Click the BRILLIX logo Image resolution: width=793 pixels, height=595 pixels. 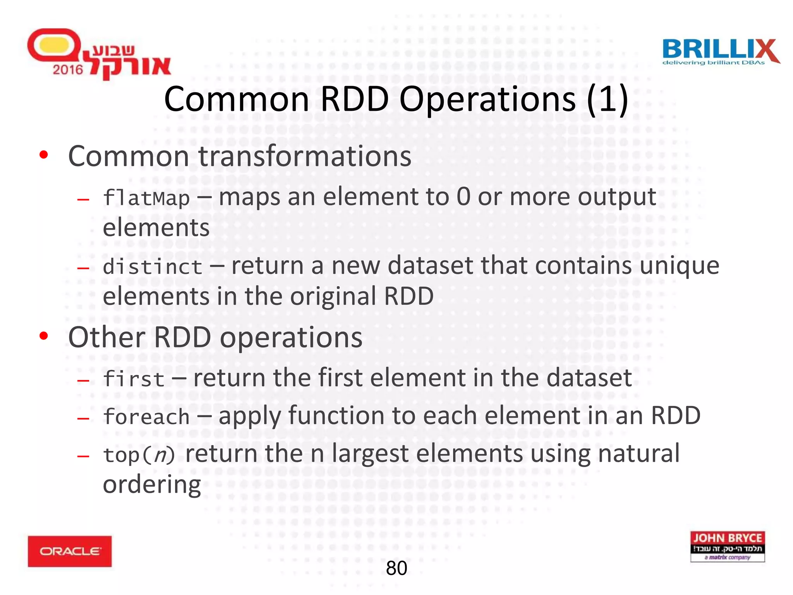pyautogui.click(x=720, y=52)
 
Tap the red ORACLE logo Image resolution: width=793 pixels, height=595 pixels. pyautogui.click(x=70, y=551)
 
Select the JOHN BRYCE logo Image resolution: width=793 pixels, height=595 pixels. pyautogui.click(x=727, y=546)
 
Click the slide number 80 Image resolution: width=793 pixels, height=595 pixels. pyautogui.click(x=396, y=568)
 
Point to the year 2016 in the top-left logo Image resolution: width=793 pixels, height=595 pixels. pyautogui.click(x=68, y=70)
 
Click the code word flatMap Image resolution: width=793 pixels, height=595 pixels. pyautogui.click(x=146, y=198)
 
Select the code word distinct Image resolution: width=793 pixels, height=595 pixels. pyautogui.click(x=153, y=267)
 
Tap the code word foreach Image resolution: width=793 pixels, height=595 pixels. pyautogui.click(x=146, y=417)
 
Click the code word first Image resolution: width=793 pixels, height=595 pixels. pyautogui.click(x=134, y=379)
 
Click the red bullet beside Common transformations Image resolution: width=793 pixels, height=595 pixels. pyautogui.click(x=44, y=155)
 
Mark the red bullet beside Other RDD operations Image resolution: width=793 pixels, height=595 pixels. pyautogui.click(x=44, y=336)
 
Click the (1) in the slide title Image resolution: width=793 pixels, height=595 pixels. pyautogui.click(x=607, y=99)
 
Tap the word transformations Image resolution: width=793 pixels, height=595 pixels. pyautogui.click(x=305, y=156)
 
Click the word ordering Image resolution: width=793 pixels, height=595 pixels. pyautogui.click(x=152, y=484)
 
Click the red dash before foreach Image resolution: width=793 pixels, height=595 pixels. pyautogui.click(x=83, y=418)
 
